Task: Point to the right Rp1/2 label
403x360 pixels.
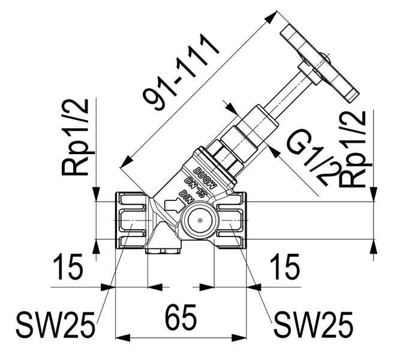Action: click(x=354, y=149)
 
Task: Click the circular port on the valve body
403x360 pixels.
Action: click(x=199, y=221)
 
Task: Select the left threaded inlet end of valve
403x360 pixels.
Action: click(x=130, y=221)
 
